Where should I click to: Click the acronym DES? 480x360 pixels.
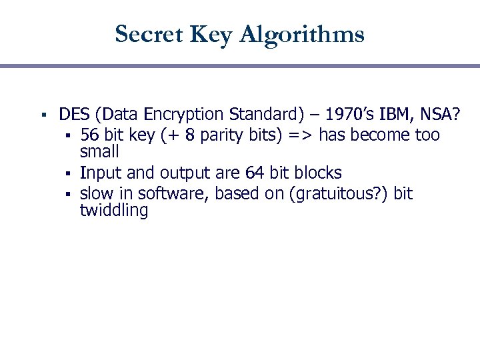pos(73,115)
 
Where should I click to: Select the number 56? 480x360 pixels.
pos(90,135)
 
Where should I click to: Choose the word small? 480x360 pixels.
pos(99,151)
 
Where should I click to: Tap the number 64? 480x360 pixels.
pos(255,173)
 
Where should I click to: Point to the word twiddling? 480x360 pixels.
pos(114,211)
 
